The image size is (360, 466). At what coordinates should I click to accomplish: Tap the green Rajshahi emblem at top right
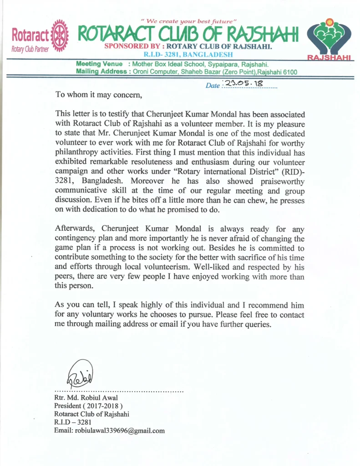coord(329,36)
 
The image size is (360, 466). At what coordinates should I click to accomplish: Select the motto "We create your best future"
coord(182,21)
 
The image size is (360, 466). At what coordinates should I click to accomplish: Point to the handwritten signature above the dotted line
coord(81,374)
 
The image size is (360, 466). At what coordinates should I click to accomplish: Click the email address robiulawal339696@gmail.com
coord(109,431)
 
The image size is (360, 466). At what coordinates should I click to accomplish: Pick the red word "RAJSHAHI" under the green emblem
coord(329,58)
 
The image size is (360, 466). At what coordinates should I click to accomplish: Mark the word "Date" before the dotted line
coord(213,86)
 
